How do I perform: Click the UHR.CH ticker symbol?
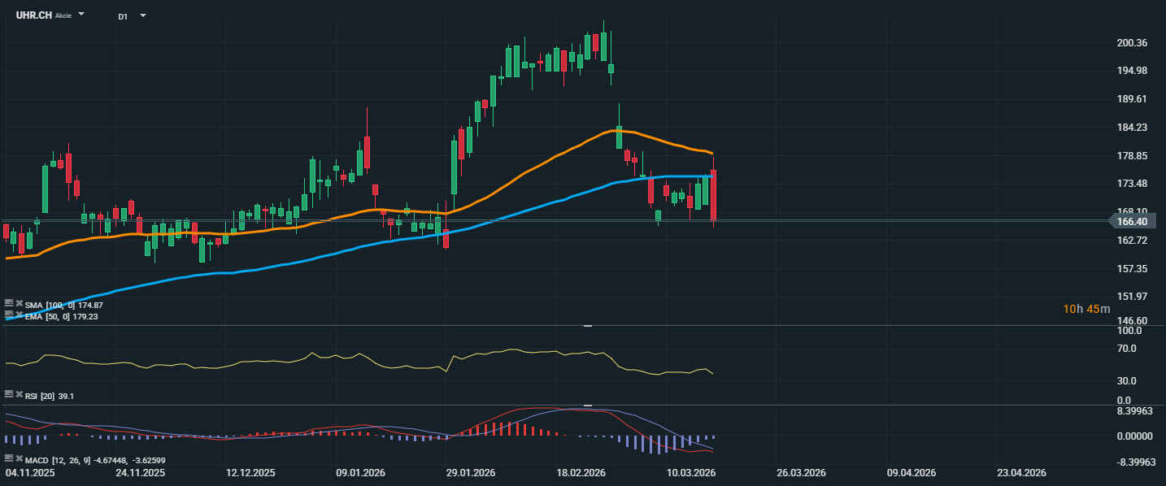tap(33, 15)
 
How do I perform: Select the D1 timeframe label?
tap(123, 16)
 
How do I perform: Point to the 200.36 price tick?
tap(1132, 43)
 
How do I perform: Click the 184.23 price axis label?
tap(1132, 128)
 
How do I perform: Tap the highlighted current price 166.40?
tap(1132, 221)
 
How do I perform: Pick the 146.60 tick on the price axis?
tap(1132, 321)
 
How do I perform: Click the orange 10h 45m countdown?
tap(1081, 309)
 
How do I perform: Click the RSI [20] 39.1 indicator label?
tap(50, 396)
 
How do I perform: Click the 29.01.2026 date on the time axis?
tap(470, 472)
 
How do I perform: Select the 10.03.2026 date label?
tap(691, 472)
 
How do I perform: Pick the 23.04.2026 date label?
tap(1021, 472)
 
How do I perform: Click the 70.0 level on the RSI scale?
tap(1127, 349)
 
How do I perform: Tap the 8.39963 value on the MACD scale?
tap(1135, 411)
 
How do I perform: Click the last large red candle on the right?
tap(714, 195)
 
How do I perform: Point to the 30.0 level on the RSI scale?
tap(1127, 380)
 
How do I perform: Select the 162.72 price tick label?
tap(1132, 241)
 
